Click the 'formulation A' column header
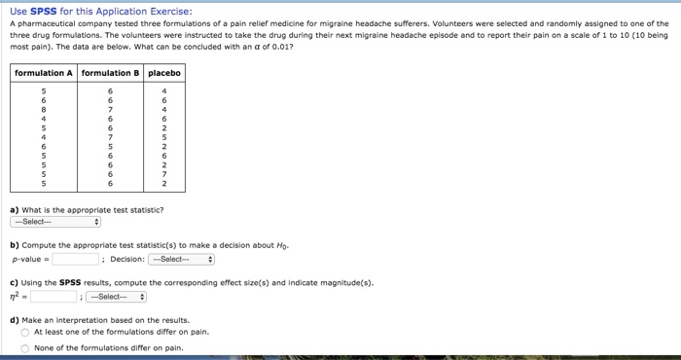point(44,74)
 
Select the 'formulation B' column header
point(111,74)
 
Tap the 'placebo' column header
point(163,74)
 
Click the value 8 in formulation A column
point(43,111)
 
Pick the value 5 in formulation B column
point(110,147)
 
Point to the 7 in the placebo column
point(163,173)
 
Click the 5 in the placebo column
point(163,138)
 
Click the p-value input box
point(76,260)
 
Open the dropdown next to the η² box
point(116,297)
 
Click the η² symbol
point(17,297)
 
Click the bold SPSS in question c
point(70,283)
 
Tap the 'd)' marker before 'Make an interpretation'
point(15,319)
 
